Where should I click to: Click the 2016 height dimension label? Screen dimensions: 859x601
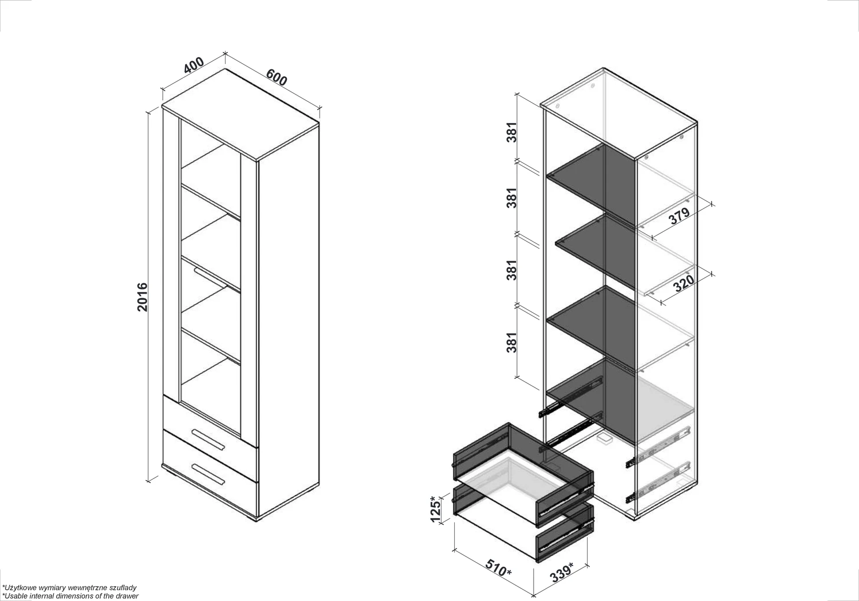pos(142,297)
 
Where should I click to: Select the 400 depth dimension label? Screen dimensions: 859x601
pos(194,65)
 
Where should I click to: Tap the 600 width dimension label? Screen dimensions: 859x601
pos(277,77)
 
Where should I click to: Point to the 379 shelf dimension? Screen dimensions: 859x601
pos(679,216)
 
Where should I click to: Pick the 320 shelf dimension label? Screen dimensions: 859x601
pos(683,283)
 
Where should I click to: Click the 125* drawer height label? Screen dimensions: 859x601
pos(435,509)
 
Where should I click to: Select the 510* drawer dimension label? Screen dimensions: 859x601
pos(498,568)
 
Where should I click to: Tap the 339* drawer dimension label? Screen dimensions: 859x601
pos(561,572)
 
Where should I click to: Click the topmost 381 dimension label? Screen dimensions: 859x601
pos(511,132)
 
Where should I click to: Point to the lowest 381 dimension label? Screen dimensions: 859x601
pos(511,342)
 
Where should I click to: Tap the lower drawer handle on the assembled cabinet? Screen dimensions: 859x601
pos(208,474)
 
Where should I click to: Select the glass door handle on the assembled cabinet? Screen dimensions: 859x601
pos(210,276)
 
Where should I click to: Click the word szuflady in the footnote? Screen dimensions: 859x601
pos(123,588)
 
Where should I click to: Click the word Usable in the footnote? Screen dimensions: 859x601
pos(14,596)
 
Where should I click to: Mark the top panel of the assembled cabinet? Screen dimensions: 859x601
pos(241,114)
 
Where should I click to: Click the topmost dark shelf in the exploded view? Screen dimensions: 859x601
pos(590,184)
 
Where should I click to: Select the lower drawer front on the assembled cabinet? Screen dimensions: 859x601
pos(210,474)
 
